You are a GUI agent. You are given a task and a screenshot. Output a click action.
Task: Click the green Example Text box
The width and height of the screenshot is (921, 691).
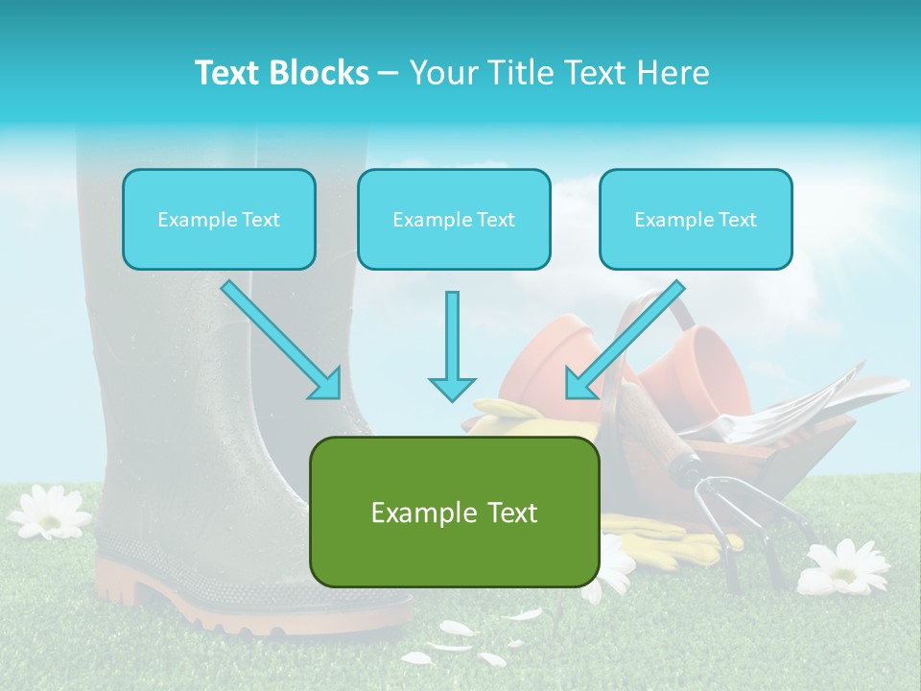coord(454,512)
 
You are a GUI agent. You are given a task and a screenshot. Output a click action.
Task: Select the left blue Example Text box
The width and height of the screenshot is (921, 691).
coord(219,219)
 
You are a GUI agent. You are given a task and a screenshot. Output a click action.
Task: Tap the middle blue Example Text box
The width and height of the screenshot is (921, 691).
coord(454,219)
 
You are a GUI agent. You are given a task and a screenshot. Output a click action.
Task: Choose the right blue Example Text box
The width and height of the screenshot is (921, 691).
coord(696,219)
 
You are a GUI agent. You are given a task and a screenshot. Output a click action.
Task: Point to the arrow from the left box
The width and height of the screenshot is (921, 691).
coord(280,339)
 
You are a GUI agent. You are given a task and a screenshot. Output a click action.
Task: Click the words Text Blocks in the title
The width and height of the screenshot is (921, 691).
coord(281,73)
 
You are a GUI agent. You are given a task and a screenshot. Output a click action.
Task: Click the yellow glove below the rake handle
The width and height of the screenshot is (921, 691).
coord(672,536)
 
